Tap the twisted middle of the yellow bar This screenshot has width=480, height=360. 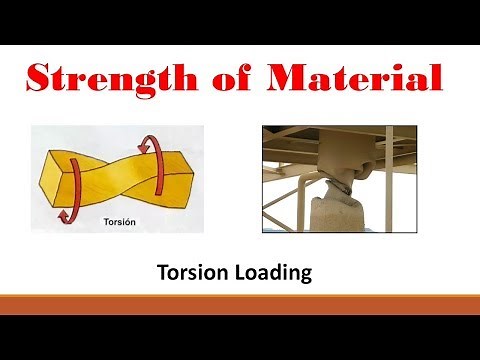(x=113, y=180)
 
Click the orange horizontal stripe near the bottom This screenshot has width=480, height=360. (x=240, y=302)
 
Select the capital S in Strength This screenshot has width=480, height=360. (x=43, y=79)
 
